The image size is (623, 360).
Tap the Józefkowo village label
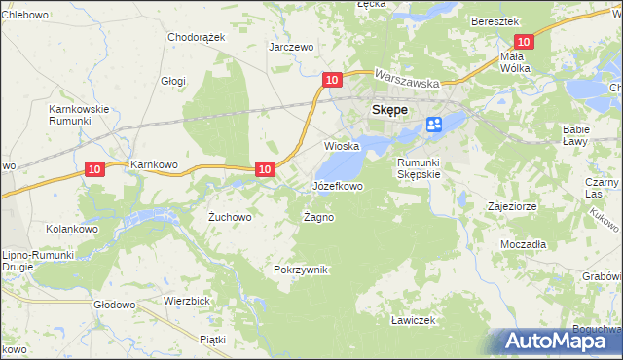337,185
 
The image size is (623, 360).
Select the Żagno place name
318,217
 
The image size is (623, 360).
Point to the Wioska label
342,146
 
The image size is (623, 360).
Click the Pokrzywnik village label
302,270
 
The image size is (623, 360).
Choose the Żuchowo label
231,217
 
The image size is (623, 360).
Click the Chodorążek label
197,37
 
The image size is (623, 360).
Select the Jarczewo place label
291,47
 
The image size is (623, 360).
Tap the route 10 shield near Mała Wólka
524,41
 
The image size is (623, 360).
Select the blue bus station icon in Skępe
434,124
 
